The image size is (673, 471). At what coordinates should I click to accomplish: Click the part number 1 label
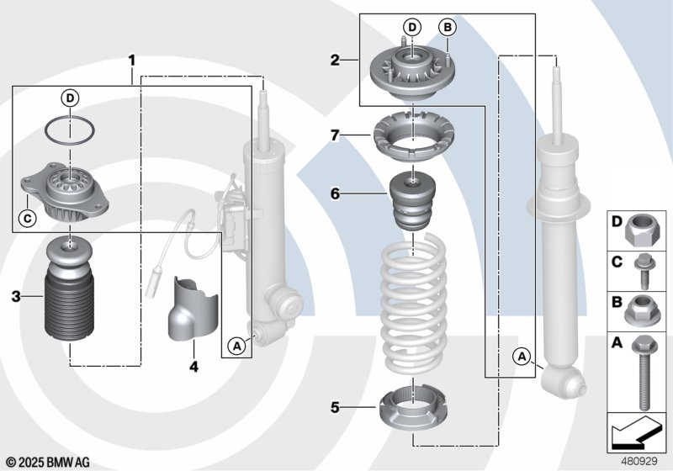(132, 60)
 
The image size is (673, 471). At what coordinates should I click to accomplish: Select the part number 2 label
(335, 60)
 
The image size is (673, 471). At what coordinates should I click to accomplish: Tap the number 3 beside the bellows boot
(16, 296)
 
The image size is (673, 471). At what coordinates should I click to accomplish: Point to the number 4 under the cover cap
(194, 367)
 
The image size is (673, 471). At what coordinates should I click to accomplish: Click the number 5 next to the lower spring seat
(335, 407)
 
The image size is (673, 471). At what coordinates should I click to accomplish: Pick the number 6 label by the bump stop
(335, 194)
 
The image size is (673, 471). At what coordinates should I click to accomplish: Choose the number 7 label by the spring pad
(335, 135)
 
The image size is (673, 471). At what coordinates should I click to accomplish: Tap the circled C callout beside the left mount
(28, 219)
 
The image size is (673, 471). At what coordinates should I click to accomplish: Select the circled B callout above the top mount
(448, 28)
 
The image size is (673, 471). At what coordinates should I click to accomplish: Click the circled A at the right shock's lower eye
(522, 356)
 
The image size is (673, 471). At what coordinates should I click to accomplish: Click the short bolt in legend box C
(643, 271)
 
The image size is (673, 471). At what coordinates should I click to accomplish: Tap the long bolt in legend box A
(643, 373)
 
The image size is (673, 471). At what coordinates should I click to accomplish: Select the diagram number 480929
(639, 461)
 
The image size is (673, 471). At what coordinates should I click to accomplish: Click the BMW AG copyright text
(48, 462)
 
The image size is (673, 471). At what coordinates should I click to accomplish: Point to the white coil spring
(414, 303)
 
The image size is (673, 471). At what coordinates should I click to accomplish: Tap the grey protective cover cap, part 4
(193, 309)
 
